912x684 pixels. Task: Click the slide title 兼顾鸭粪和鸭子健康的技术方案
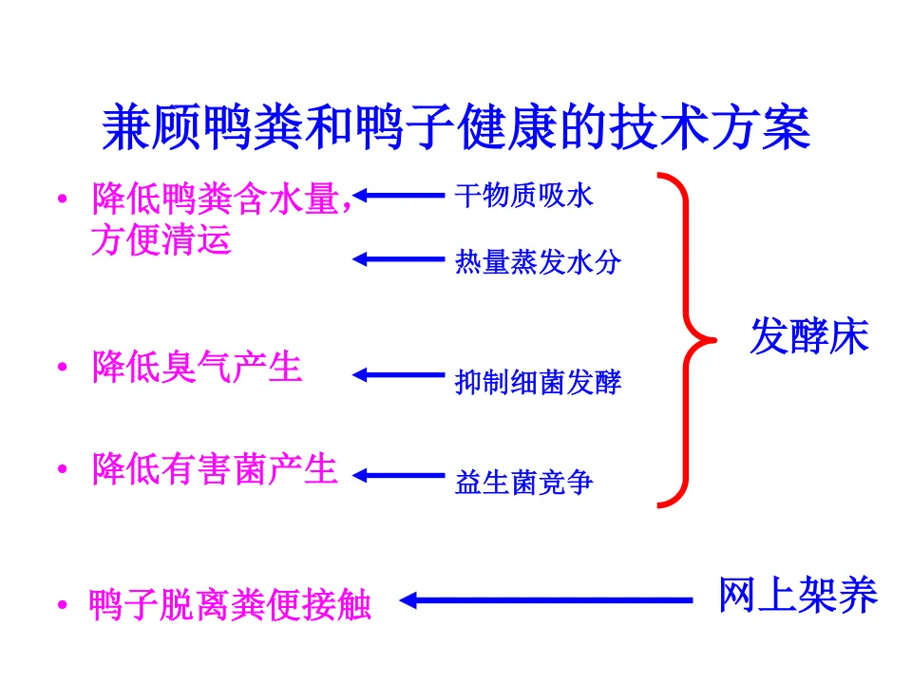point(456,128)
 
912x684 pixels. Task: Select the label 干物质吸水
point(523,197)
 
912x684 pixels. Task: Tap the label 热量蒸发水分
point(538,261)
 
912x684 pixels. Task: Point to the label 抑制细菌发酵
point(538,382)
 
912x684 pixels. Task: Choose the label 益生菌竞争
point(523,483)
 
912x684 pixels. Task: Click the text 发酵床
point(809,336)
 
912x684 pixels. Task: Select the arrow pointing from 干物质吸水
point(399,197)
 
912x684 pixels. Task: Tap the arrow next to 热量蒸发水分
point(399,257)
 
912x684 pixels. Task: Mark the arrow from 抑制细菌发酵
point(399,375)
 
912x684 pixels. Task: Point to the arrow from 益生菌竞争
point(399,475)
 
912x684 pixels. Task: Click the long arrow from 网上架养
point(546,600)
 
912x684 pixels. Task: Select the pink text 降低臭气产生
point(197,367)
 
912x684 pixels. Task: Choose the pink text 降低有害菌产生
point(215,468)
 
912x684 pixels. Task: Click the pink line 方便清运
point(161,239)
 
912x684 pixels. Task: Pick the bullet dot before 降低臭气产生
point(62,369)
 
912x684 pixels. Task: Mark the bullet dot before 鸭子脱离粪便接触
point(62,605)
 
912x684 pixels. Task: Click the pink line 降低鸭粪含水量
point(220,199)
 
